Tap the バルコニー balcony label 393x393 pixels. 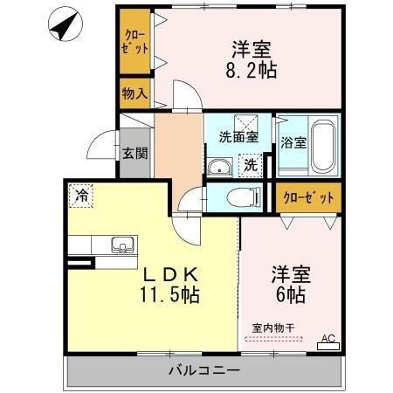pos(203,371)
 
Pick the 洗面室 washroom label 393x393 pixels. pos(237,135)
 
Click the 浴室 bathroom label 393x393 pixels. pos(293,143)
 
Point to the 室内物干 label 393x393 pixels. pos(273,327)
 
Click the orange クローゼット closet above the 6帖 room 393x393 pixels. pos(308,197)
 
